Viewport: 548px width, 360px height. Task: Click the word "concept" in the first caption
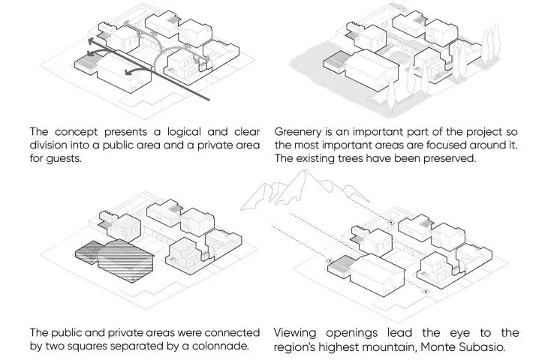(76, 132)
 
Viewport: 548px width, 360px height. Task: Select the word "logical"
(184, 132)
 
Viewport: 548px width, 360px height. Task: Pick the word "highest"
(340, 348)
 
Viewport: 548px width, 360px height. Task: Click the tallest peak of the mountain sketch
(304, 171)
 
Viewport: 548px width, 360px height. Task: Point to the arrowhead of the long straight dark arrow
(90, 41)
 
